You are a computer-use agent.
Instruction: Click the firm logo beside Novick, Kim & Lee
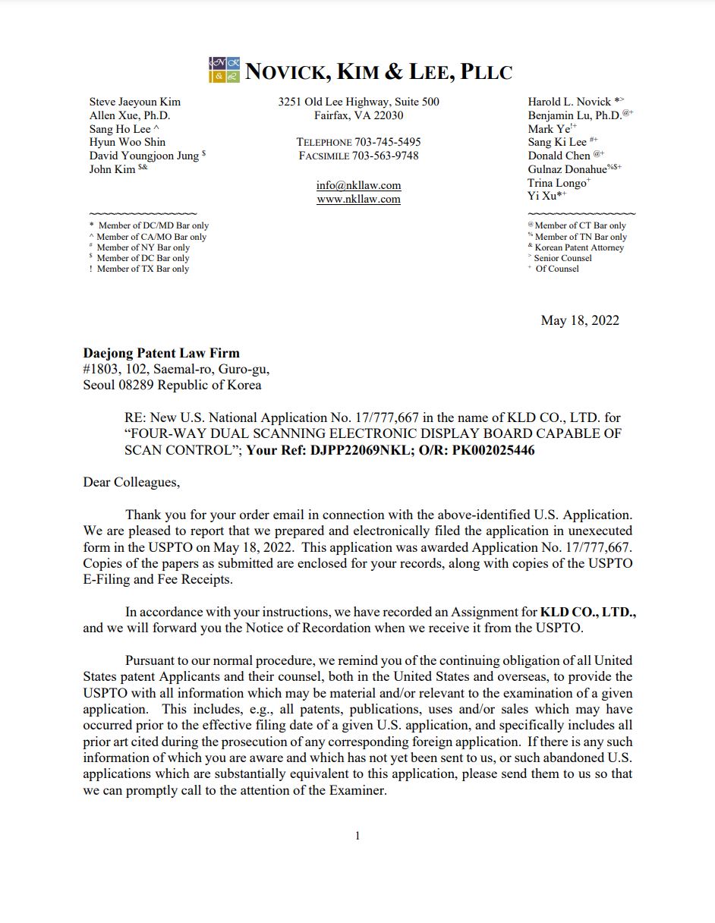click(224, 70)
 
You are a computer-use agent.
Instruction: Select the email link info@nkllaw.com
click(358, 185)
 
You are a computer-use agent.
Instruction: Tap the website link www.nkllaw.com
click(358, 199)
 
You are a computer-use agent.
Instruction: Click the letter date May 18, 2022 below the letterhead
click(580, 320)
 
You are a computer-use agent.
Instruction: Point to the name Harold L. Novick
click(569, 102)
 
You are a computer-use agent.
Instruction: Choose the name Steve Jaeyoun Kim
click(135, 102)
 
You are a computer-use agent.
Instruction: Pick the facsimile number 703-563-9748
click(385, 156)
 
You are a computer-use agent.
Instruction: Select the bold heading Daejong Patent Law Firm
click(161, 353)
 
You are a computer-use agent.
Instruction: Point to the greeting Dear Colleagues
click(131, 482)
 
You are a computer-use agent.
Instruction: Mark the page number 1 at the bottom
click(357, 836)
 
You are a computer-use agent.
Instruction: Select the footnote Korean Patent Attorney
click(579, 247)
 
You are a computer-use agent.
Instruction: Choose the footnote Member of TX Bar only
click(143, 269)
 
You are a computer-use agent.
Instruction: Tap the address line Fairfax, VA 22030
click(358, 115)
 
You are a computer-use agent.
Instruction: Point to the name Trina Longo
click(556, 183)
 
